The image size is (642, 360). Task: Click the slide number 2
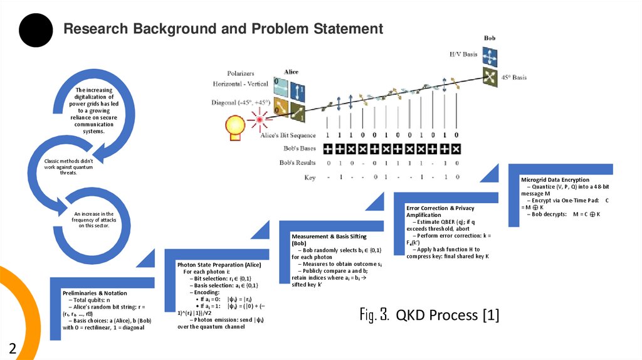click(12, 348)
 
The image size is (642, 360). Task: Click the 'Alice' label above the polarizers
click(291, 71)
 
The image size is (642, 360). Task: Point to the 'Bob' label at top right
click(489, 39)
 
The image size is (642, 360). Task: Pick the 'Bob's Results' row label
click(297, 162)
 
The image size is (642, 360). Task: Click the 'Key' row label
click(310, 177)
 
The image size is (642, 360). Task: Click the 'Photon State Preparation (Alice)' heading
click(219, 265)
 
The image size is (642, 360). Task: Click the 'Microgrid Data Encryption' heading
click(555, 180)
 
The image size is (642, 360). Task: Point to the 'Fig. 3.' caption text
click(375, 314)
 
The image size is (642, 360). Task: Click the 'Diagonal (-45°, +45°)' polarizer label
click(241, 102)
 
